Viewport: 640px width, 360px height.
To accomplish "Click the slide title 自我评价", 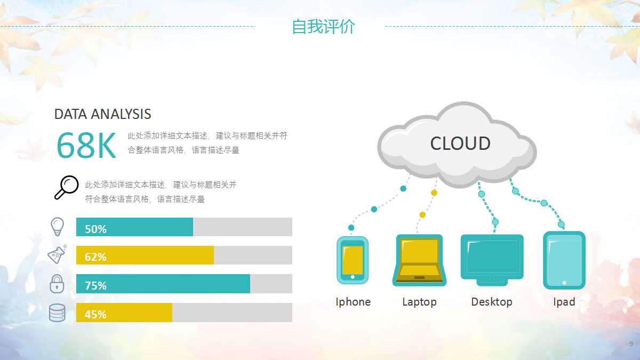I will click(323, 27).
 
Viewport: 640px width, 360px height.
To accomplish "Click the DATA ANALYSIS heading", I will click(102, 114).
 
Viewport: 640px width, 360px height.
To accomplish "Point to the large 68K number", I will click(86, 146).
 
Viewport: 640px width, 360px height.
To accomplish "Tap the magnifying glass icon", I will click(66, 187).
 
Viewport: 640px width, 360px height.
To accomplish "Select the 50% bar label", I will click(95, 229).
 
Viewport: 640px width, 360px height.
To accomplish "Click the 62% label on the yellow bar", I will click(95, 257).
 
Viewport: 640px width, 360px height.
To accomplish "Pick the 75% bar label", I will click(95, 285).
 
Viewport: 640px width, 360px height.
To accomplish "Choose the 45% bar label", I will click(95, 314).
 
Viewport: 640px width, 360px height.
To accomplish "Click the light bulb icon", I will click(57, 227).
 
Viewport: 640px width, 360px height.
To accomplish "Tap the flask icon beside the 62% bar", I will click(57, 255).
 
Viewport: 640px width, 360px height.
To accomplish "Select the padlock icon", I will click(57, 283).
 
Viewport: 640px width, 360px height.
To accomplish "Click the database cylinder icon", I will click(57, 313).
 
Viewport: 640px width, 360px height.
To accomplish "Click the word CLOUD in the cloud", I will click(460, 143).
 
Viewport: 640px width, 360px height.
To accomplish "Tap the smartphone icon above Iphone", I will click(353, 260).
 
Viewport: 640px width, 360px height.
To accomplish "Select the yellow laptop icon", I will click(419, 260).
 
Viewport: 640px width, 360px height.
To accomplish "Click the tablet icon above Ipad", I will click(564, 260).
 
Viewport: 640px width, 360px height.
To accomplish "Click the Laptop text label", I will click(419, 302).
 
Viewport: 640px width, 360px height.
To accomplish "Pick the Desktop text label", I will click(492, 302).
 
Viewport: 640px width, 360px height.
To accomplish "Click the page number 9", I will click(631, 343).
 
